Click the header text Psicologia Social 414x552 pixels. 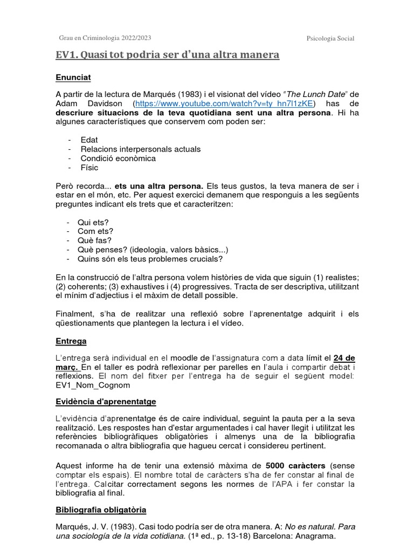pyautogui.click(x=330, y=38)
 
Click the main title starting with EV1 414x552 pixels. pyautogui.click(x=168, y=56)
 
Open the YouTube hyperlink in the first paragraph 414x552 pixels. pyautogui.click(x=225, y=103)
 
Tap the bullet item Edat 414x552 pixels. pyautogui.click(x=89, y=140)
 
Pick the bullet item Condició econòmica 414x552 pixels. pyautogui.click(x=118, y=158)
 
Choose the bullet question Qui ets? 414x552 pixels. pyautogui.click(x=94, y=223)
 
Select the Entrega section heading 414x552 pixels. pyautogui.click(x=71, y=341)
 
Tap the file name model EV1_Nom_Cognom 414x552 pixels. pyautogui.click(x=93, y=385)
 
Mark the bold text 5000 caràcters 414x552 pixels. pyautogui.click(x=295, y=465)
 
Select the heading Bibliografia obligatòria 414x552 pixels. pyautogui.click(x=101, y=509)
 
